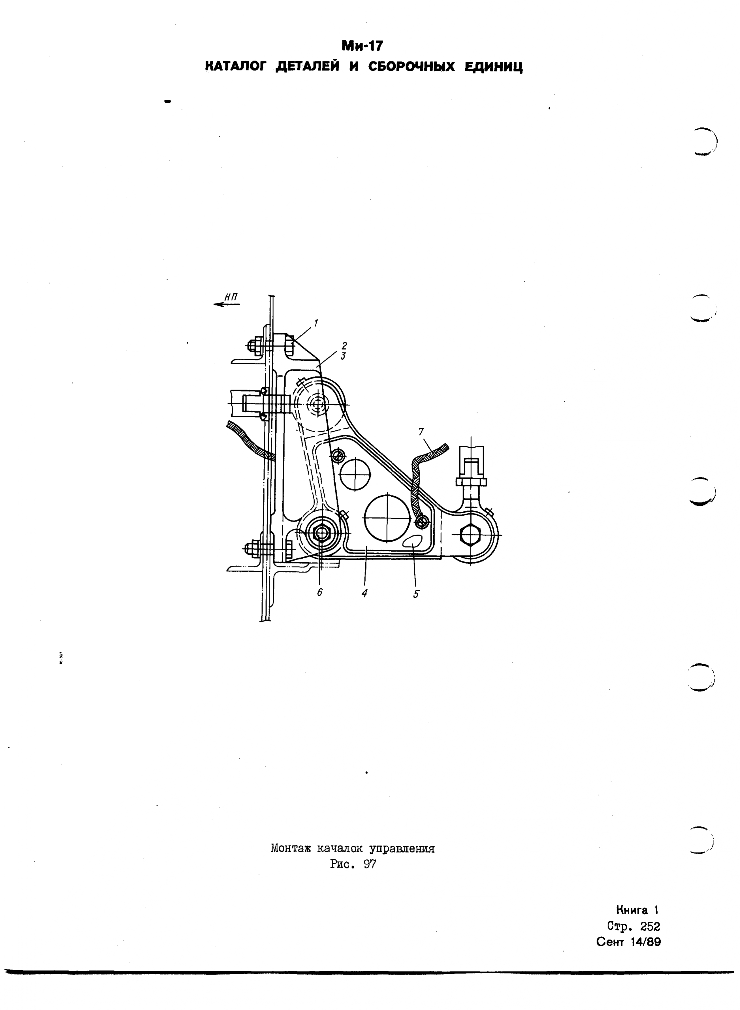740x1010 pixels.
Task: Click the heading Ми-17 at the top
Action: click(362, 46)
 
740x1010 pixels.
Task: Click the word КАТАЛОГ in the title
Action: click(235, 67)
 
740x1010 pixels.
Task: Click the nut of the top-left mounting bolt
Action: click(251, 345)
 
